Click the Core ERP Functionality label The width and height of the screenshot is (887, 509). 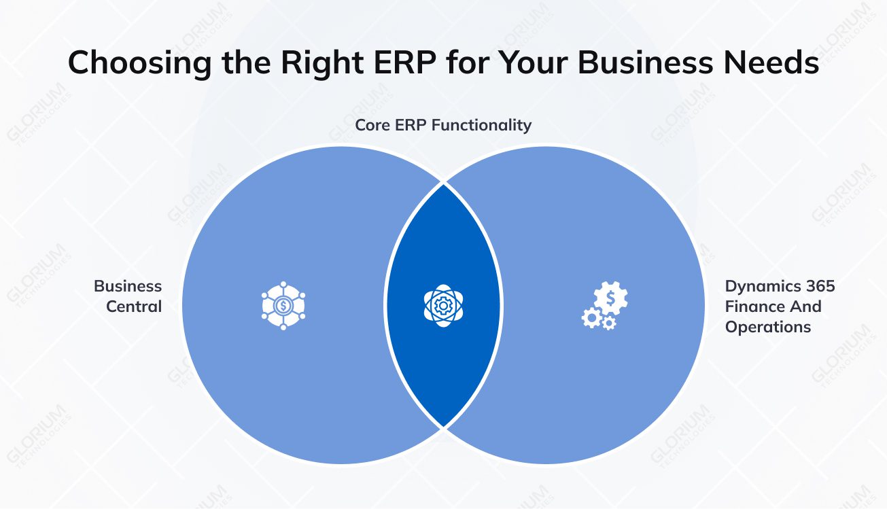(x=443, y=125)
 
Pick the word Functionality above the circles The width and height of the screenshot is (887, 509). (x=483, y=125)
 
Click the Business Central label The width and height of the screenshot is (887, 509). (x=128, y=296)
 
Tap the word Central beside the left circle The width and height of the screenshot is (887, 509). (x=134, y=306)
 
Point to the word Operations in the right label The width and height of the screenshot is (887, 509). (x=768, y=327)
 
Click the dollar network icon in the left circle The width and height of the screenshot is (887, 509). (x=283, y=306)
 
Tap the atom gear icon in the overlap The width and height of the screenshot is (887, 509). (x=443, y=306)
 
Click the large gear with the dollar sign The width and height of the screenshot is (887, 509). (x=611, y=298)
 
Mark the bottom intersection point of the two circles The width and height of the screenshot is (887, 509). (x=443, y=427)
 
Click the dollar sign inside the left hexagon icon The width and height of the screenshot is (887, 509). (x=283, y=306)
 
